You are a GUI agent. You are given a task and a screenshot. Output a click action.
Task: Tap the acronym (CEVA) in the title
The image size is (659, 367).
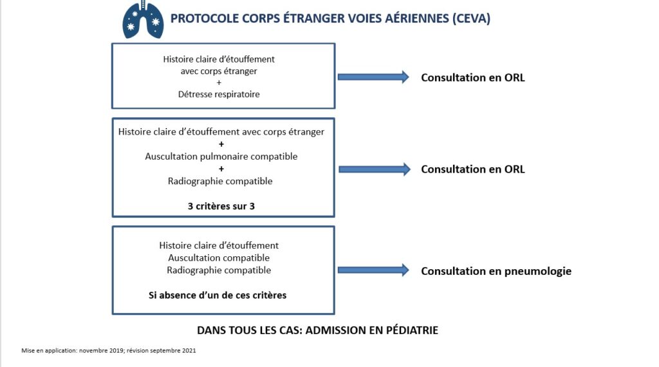coord(471,19)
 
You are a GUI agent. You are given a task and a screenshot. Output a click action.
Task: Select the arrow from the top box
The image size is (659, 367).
coord(373,77)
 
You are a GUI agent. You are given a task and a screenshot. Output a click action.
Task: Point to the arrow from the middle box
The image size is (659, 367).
coord(375,169)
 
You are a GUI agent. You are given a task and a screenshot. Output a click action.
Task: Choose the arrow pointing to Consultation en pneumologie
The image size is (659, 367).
coord(373,270)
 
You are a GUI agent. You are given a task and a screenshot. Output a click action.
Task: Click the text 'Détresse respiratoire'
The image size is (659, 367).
coord(219,94)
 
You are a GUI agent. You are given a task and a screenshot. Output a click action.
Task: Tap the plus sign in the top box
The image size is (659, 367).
coord(219,83)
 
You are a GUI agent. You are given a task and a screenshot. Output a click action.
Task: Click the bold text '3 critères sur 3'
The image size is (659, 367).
coord(221,206)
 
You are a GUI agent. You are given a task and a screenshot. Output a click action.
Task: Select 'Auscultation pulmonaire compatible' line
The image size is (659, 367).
coord(221,156)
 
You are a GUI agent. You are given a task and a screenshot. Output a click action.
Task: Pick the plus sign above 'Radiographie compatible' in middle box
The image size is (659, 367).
coord(221,169)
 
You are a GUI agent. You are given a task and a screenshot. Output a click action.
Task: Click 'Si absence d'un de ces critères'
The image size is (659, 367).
coord(218,295)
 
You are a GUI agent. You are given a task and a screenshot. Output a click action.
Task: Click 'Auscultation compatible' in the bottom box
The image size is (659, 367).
coord(219,258)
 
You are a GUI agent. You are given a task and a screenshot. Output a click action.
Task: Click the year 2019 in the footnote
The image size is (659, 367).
coord(115,351)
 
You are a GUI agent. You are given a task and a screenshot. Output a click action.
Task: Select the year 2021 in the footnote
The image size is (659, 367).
coord(189,351)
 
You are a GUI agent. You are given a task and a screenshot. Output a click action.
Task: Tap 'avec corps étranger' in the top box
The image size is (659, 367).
coord(219,71)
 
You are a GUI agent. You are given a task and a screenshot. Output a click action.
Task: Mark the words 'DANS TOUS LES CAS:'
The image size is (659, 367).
coord(250,330)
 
